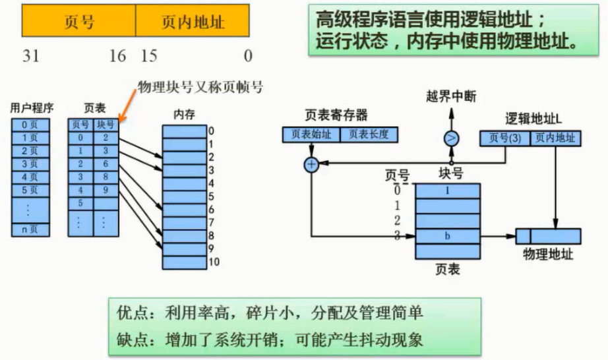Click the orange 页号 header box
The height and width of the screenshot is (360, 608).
[79, 22]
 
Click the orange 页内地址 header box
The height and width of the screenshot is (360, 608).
[193, 22]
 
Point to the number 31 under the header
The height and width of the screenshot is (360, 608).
[30, 56]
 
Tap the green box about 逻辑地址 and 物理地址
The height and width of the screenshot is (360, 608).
[446, 30]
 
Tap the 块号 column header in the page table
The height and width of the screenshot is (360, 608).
[106, 124]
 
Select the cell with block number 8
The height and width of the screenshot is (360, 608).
[106, 177]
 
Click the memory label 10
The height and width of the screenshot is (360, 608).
[213, 262]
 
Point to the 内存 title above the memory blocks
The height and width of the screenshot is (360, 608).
[184, 114]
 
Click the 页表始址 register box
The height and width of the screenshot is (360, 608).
[311, 135]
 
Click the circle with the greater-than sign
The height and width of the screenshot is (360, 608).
[452, 138]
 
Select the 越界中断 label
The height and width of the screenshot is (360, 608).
[452, 97]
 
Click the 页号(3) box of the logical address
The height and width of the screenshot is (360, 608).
[505, 138]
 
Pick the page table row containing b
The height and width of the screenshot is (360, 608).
[447, 235]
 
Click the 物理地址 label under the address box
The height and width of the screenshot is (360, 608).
[547, 255]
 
